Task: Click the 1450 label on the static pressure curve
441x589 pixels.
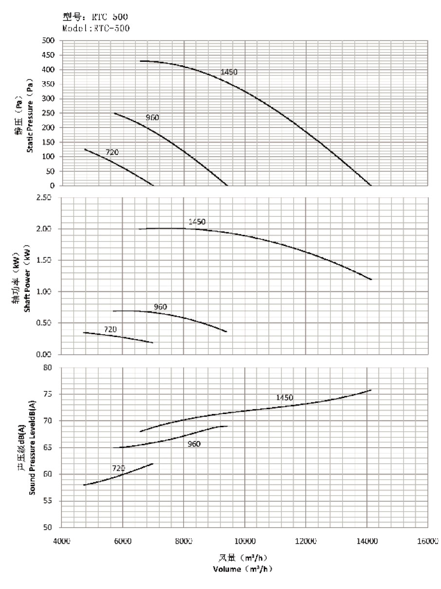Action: click(229, 72)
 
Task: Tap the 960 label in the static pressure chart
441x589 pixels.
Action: click(153, 117)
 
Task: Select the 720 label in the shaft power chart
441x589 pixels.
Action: click(110, 329)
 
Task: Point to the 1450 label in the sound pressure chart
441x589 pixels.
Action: click(285, 398)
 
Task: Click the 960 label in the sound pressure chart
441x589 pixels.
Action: click(194, 444)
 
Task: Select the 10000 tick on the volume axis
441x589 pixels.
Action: click(245, 541)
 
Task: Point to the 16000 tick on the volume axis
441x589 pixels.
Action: click(428, 541)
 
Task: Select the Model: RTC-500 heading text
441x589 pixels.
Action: click(96, 28)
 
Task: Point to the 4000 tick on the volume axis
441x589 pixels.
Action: click(61, 541)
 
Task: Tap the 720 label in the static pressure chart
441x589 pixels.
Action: click(112, 152)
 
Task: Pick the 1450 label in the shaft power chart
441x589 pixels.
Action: click(197, 222)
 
